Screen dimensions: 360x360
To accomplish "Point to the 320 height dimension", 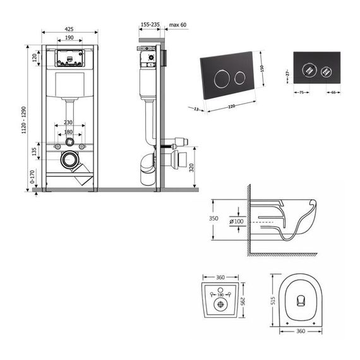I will [x=190, y=167].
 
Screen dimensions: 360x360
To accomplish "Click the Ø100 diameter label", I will [x=237, y=222].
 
